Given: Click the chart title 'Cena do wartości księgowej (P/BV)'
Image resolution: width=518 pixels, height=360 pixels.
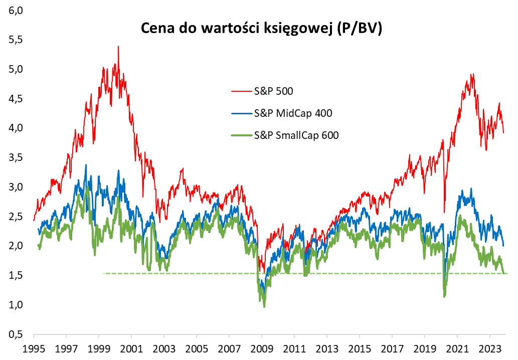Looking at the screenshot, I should click(x=261, y=29).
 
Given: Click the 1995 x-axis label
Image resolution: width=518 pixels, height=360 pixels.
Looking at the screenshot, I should click(x=34, y=348).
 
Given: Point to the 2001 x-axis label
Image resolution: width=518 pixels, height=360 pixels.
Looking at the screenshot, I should click(x=131, y=348).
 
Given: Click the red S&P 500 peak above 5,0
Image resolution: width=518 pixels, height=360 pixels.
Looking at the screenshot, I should click(x=118, y=47).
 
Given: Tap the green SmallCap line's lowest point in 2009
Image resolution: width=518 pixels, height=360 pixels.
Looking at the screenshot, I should click(x=264, y=306).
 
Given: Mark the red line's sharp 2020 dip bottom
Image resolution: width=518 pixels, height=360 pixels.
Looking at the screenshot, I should click(x=444, y=213).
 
